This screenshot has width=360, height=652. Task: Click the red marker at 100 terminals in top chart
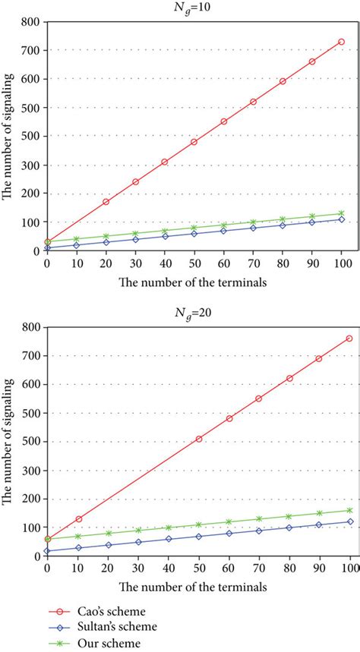[x=342, y=42]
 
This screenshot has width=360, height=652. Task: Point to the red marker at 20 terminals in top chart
[x=106, y=202]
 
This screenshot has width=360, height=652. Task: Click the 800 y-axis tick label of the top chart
[x=31, y=22]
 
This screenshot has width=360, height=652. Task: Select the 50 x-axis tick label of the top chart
[x=194, y=263]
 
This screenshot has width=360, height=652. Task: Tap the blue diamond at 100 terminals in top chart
[x=342, y=219]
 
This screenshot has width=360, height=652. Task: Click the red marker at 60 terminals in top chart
[x=224, y=121]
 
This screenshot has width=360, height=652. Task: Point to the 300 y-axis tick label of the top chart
[x=31, y=165]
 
